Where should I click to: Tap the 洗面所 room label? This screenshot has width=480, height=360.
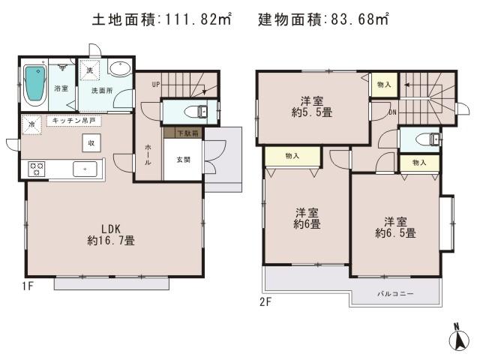[x=103, y=90]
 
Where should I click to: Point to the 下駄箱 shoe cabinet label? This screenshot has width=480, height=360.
[x=182, y=133]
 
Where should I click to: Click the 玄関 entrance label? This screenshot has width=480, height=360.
[x=183, y=159]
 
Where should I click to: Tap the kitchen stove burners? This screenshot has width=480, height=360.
[x=37, y=169]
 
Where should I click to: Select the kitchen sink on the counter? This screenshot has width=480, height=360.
[x=85, y=169]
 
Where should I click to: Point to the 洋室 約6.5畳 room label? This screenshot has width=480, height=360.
[x=396, y=227]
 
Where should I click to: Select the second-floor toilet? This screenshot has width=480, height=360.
[x=426, y=140]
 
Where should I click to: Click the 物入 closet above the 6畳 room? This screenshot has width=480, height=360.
[x=292, y=156]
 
